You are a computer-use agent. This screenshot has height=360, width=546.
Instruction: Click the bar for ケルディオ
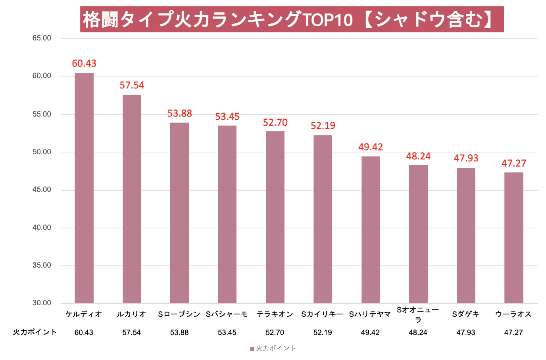point(84,188)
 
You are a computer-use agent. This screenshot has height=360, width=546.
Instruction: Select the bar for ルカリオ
point(132,199)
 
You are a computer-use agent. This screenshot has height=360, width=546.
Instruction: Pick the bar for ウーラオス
point(513,237)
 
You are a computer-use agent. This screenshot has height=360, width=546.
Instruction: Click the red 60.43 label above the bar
point(84,63)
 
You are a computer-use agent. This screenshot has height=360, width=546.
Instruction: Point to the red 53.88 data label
point(180,113)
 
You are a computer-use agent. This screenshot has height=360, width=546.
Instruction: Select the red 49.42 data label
point(371,147)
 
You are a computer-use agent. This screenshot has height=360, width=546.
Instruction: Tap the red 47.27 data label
point(514,163)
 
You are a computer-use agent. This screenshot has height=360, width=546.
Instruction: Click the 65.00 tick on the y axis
point(42,38)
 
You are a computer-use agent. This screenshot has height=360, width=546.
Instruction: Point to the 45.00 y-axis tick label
point(42,190)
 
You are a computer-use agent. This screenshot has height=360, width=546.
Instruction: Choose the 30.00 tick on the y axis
point(42,303)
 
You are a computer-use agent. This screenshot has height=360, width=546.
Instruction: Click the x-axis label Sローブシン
point(179,314)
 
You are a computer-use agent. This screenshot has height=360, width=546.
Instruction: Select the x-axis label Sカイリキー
point(322,314)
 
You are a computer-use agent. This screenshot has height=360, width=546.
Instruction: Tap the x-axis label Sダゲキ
point(466,314)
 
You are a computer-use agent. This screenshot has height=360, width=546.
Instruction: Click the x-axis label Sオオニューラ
point(418,314)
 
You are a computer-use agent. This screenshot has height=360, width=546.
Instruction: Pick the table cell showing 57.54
point(131,333)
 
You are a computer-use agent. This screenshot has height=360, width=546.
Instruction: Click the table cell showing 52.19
point(323,333)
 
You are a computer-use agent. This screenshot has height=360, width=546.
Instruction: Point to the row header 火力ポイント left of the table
point(35,332)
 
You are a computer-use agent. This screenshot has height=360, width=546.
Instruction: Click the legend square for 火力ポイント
point(252,349)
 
